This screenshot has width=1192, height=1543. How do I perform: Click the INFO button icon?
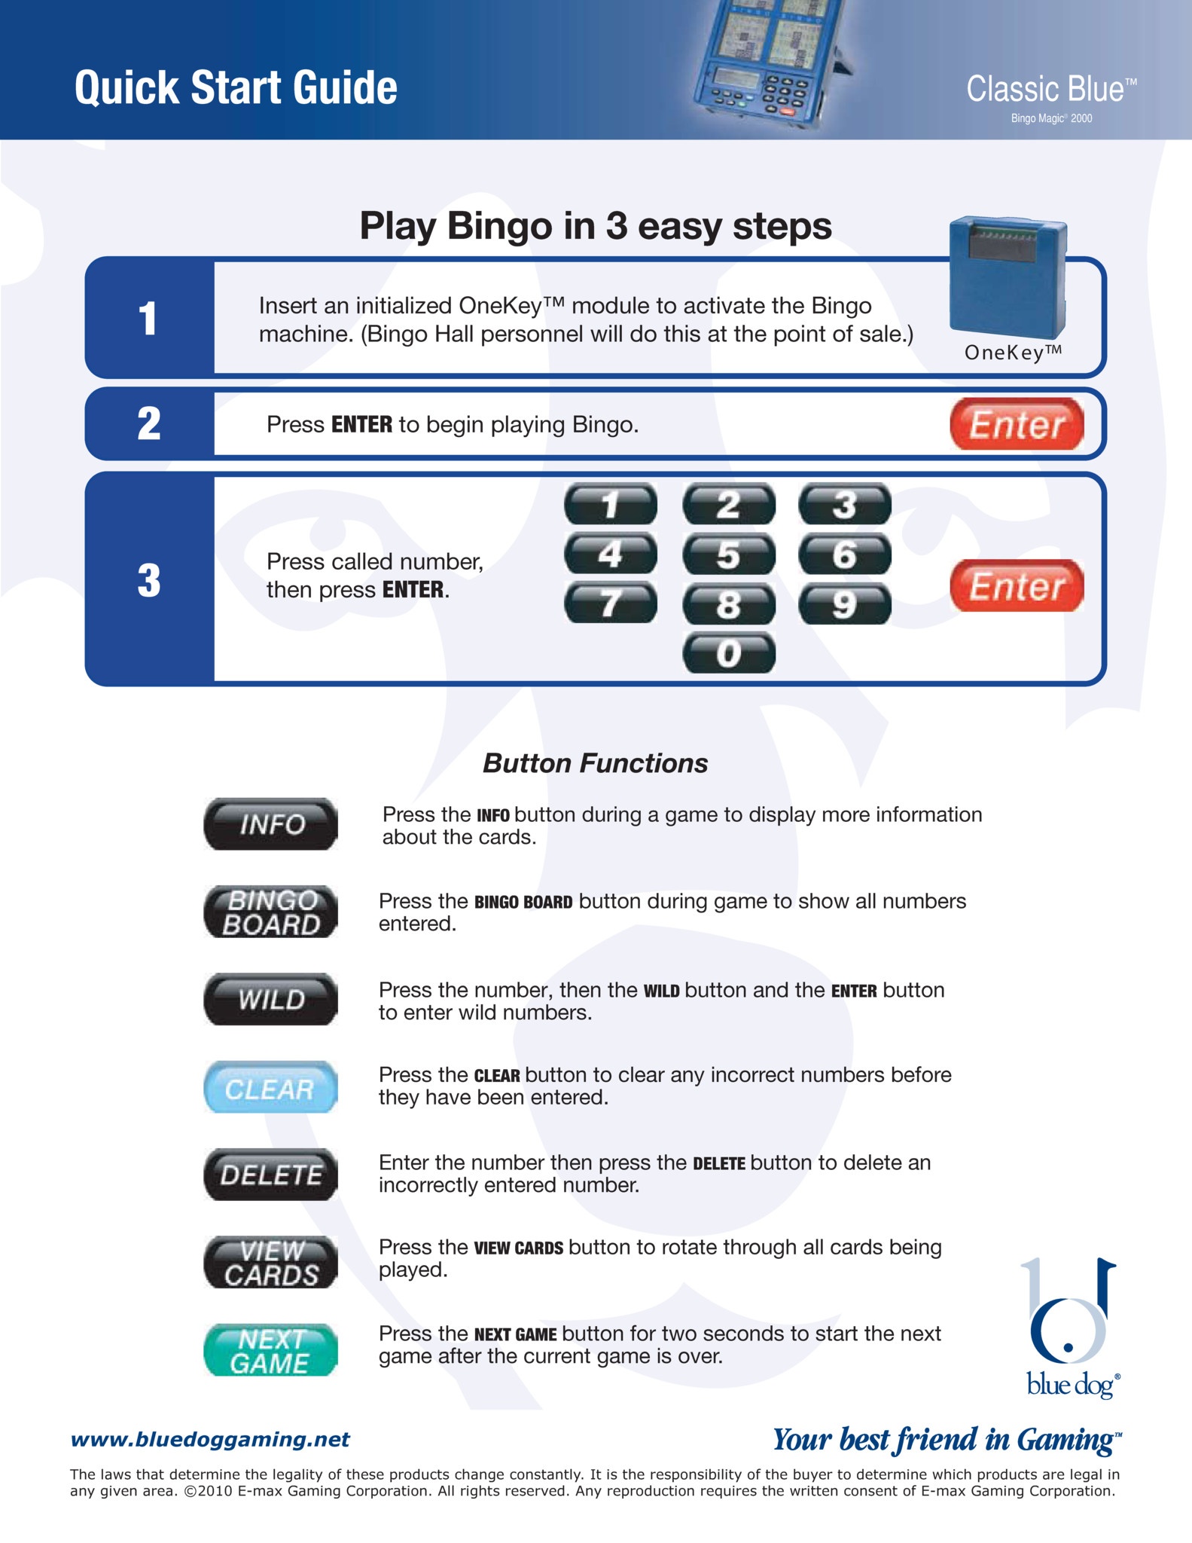pyautogui.click(x=270, y=824)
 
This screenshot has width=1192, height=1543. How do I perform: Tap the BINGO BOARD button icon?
pyautogui.click(x=270, y=912)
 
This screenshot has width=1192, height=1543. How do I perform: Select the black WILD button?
pyautogui.click(x=270, y=999)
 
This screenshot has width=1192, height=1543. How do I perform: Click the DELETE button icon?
pyautogui.click(x=270, y=1175)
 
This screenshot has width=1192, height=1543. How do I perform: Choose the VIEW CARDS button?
pyautogui.click(x=270, y=1262)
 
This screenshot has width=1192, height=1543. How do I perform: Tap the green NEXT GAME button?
pyautogui.click(x=270, y=1350)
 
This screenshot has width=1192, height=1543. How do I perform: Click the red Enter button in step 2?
pyautogui.click(x=1017, y=424)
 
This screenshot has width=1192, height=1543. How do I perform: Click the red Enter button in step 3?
pyautogui.click(x=1017, y=585)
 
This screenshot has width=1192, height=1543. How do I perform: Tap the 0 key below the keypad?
pyautogui.click(x=728, y=653)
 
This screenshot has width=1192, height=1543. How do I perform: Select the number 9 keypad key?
pyautogui.click(x=844, y=604)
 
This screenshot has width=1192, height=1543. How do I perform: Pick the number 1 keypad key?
pyautogui.click(x=610, y=504)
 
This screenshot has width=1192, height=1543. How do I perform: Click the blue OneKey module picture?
pyautogui.click(x=1008, y=277)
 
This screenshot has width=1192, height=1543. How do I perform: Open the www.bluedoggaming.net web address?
pyautogui.click(x=210, y=1439)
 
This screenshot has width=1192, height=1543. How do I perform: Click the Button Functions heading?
pyautogui.click(x=595, y=763)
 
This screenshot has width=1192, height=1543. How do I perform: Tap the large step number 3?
pyautogui.click(x=149, y=581)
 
